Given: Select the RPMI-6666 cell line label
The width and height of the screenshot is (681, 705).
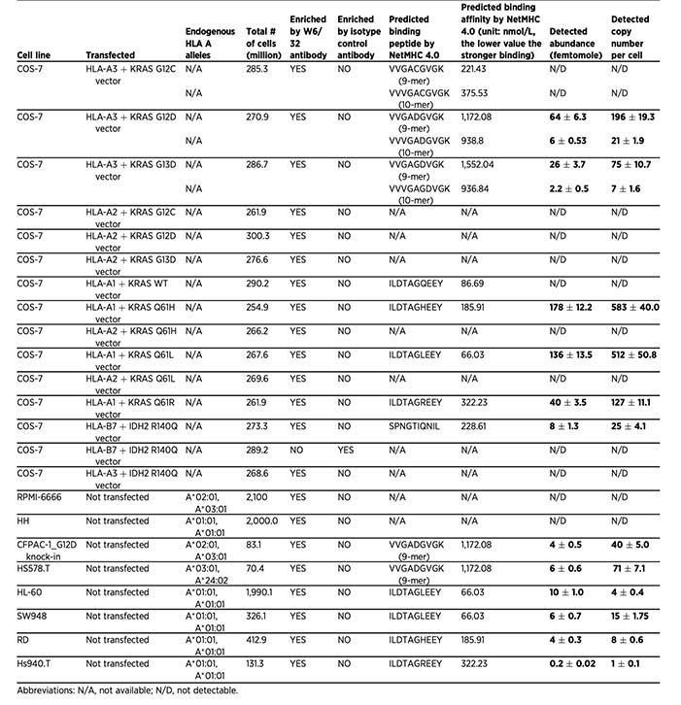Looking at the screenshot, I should (42, 496).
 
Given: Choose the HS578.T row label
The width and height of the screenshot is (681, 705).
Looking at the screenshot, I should (35, 568).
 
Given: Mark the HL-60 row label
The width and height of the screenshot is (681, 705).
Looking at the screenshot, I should (31, 591).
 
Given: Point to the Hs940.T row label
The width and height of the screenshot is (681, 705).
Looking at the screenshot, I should (35, 662).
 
